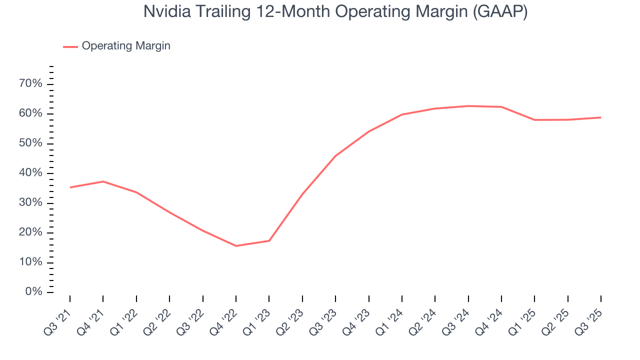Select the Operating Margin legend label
pyautogui.click(x=126, y=46)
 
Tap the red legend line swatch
pyautogui.click(x=70, y=46)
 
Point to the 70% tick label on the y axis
pyautogui.click(x=30, y=83)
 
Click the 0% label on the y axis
pyautogui.click(x=33, y=292)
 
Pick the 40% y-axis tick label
pyautogui.click(x=30, y=173)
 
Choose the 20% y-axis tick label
pyautogui.click(x=30, y=232)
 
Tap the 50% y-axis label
pyautogui.click(x=30, y=143)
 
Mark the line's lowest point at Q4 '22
pyautogui.click(x=236, y=246)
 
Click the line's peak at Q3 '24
pyautogui.click(x=468, y=106)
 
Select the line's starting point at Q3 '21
pyautogui.click(x=70, y=187)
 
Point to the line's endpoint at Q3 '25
pyautogui.click(x=600, y=117)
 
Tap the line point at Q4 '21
pyautogui.click(x=103, y=181)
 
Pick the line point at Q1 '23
pyautogui.click(x=269, y=240)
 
